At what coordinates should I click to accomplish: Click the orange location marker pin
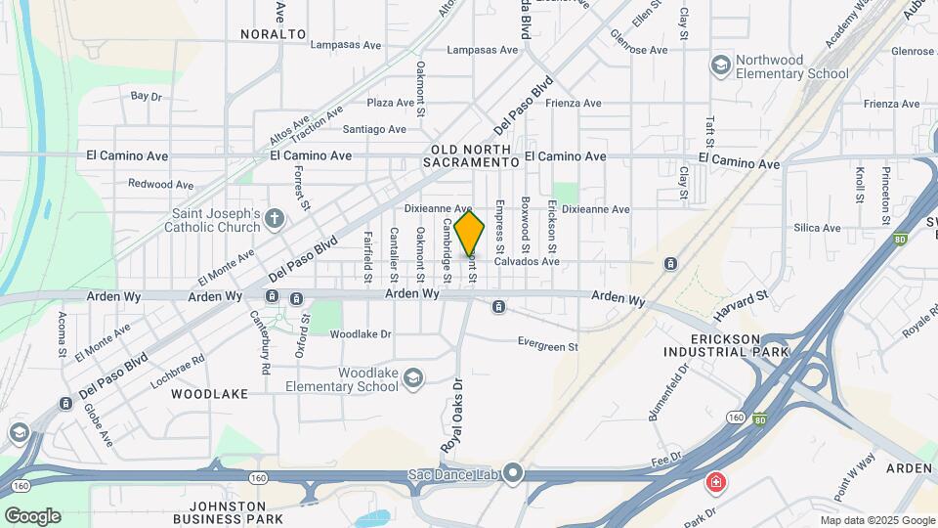pyautogui.click(x=470, y=233)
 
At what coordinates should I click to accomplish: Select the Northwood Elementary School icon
pyautogui.click(x=721, y=66)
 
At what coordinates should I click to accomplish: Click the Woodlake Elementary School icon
pyautogui.click(x=413, y=377)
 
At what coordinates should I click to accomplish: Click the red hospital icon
pyautogui.click(x=716, y=482)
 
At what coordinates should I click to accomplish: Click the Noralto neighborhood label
pyautogui.click(x=275, y=33)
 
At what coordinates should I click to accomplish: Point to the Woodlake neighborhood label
pyautogui.click(x=209, y=393)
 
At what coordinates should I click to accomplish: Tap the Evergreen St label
pyautogui.click(x=547, y=345)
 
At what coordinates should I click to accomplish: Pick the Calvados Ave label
pyautogui.click(x=526, y=261)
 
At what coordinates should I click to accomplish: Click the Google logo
pyautogui.click(x=32, y=515)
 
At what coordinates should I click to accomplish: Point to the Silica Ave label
pyautogui.click(x=817, y=228)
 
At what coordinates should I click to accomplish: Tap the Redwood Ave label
pyautogui.click(x=160, y=184)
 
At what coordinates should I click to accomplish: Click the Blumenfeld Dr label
pyautogui.click(x=669, y=390)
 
